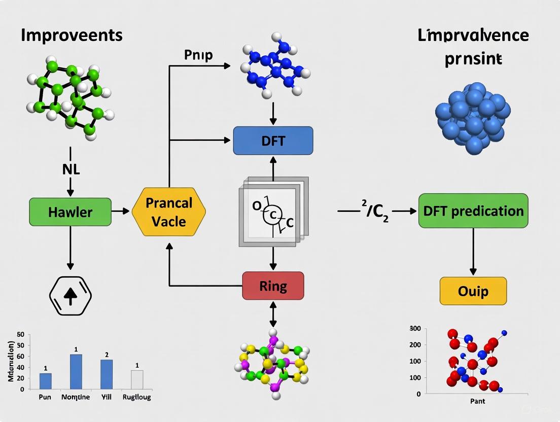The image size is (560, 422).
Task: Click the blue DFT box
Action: point(273,140)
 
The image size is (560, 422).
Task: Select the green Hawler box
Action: point(70,212)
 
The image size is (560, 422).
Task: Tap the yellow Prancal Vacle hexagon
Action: point(169,212)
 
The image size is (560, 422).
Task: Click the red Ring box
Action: point(273,286)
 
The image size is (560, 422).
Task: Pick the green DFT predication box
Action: point(473,210)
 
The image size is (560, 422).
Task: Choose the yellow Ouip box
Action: point(473,291)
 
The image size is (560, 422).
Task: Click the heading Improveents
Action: point(72,35)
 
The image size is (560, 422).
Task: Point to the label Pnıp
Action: point(199,55)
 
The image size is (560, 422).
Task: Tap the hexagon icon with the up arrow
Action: point(70,296)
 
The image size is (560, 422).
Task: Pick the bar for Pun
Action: point(45,381)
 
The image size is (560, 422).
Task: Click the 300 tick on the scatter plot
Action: point(415,329)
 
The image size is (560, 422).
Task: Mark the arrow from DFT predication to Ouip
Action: point(473,251)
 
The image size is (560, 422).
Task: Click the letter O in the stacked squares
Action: point(256,206)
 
